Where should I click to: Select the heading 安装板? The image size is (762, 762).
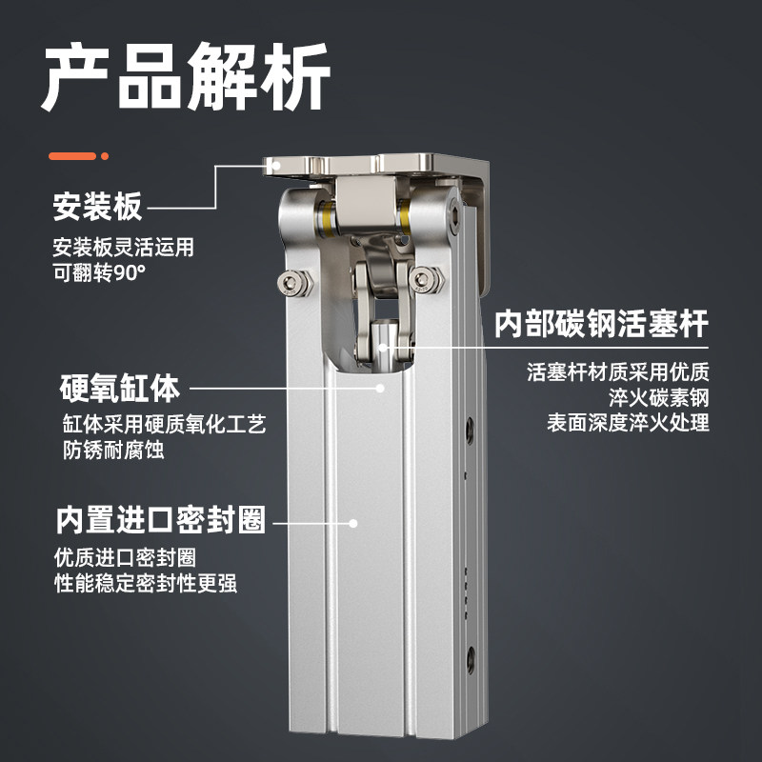tap(97, 206)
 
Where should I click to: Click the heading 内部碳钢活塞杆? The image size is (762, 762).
tap(601, 324)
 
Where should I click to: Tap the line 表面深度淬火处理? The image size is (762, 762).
tap(628, 422)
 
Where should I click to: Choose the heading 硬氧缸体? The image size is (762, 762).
tap(119, 389)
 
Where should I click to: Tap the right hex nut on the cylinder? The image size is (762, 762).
tap(425, 280)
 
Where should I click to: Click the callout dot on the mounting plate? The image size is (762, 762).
tap(276, 166)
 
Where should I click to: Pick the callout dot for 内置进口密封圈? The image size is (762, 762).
tap(353, 522)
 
